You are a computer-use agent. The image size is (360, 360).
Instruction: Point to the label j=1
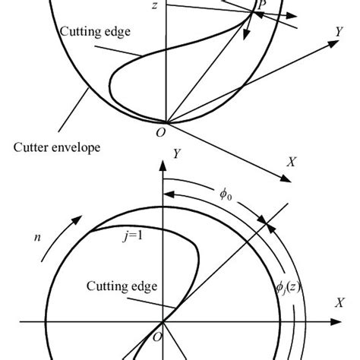tap(135, 235)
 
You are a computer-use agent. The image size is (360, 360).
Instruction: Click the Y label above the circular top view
tap(175, 153)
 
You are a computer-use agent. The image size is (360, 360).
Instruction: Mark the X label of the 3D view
tap(291, 162)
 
